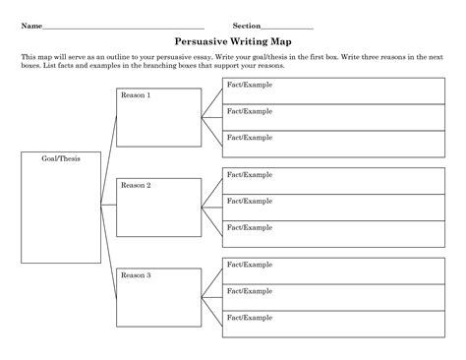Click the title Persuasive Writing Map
click(232, 42)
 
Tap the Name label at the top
click(31, 25)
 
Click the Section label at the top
click(246, 25)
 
